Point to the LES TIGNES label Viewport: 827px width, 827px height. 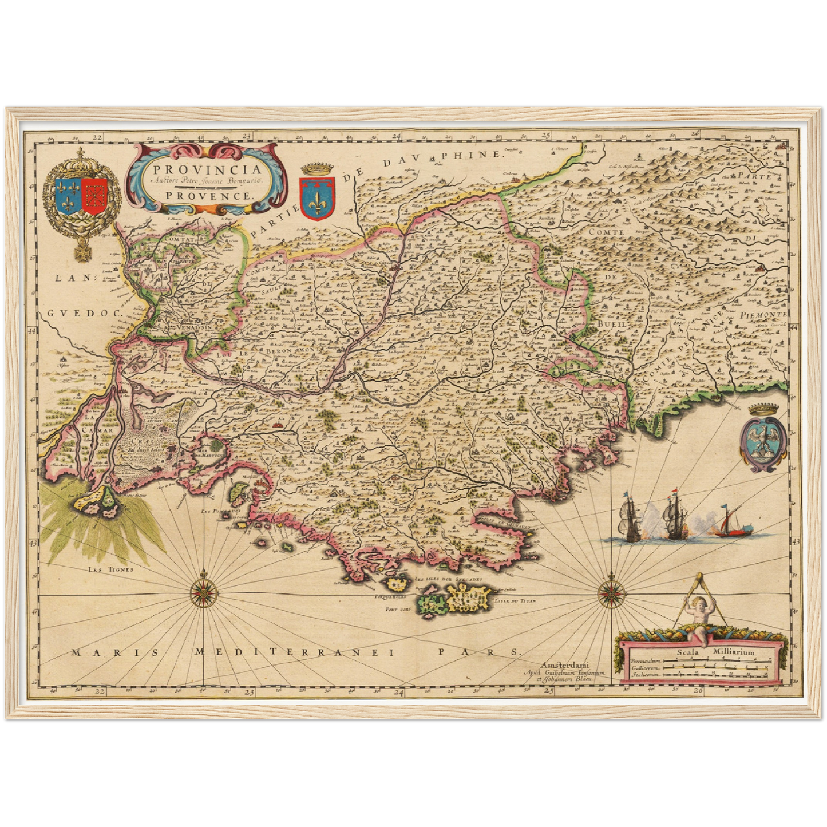point(110,569)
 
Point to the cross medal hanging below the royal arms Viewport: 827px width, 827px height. point(80,251)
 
